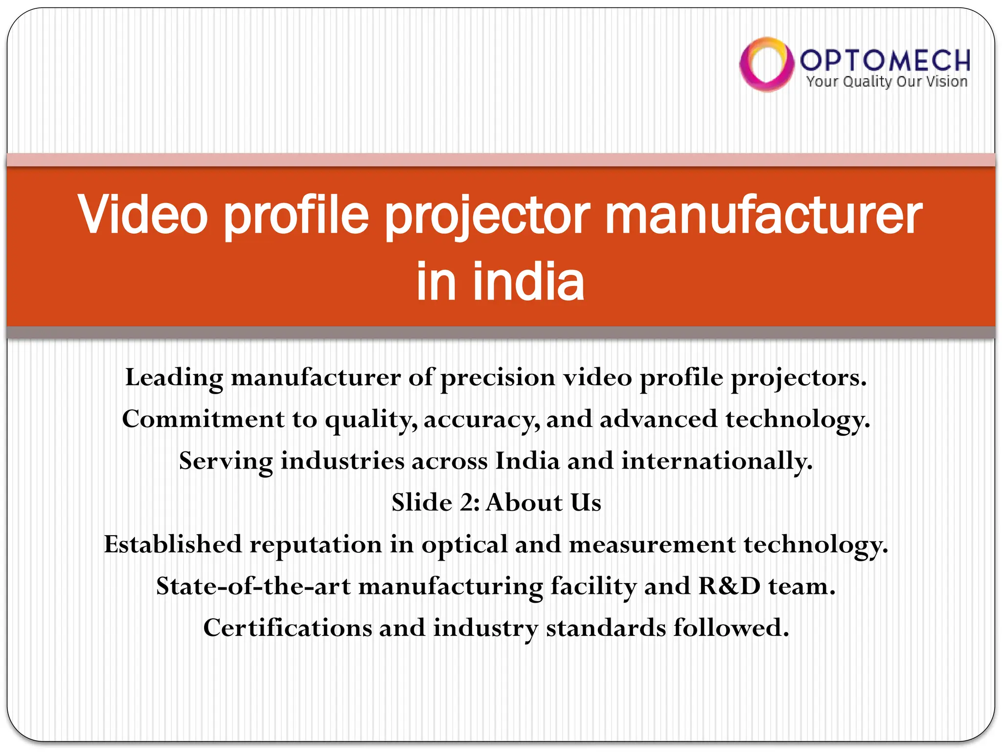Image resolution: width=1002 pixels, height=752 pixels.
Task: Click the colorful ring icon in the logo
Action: point(766,64)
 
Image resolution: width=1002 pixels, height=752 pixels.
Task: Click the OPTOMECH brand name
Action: point(885,60)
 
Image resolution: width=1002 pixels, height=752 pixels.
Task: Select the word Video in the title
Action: point(143,214)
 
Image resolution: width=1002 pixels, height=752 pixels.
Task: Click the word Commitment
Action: point(203,420)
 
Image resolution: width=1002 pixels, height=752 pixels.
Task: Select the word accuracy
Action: point(481,420)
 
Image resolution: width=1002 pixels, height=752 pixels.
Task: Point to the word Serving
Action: point(226,461)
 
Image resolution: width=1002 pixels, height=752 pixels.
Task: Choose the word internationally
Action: point(716,461)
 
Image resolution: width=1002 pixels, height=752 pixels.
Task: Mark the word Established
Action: point(173,544)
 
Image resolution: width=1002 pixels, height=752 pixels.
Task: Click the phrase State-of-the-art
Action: point(253,586)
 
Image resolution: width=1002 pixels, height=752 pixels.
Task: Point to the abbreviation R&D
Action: point(729,586)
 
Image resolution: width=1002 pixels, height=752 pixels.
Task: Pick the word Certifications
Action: point(287,628)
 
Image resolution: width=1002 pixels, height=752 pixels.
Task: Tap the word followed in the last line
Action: point(730,628)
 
